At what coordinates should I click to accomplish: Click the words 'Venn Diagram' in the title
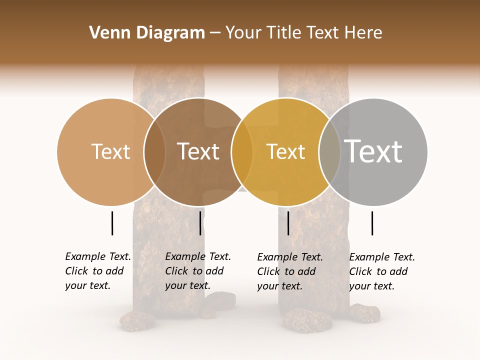click(147, 33)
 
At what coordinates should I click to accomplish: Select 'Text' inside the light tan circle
click(110, 151)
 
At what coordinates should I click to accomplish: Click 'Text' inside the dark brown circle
click(198, 151)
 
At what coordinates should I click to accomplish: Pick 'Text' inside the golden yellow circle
click(285, 151)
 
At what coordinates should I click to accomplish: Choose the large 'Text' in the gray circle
click(373, 151)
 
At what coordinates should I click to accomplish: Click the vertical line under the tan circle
click(112, 223)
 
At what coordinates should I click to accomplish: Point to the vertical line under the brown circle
click(200, 223)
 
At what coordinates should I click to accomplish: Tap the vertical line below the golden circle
click(288, 223)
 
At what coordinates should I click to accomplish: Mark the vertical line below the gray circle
click(372, 223)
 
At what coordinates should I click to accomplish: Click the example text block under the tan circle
click(98, 271)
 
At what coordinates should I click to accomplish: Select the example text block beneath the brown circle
click(198, 271)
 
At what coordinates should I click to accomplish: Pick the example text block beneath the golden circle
click(290, 271)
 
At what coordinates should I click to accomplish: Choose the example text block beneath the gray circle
click(382, 271)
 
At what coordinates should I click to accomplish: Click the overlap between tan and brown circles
click(154, 151)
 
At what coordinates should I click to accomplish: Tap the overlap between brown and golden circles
click(242, 151)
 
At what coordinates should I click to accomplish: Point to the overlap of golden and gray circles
click(329, 151)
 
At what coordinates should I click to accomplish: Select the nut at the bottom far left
click(137, 321)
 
